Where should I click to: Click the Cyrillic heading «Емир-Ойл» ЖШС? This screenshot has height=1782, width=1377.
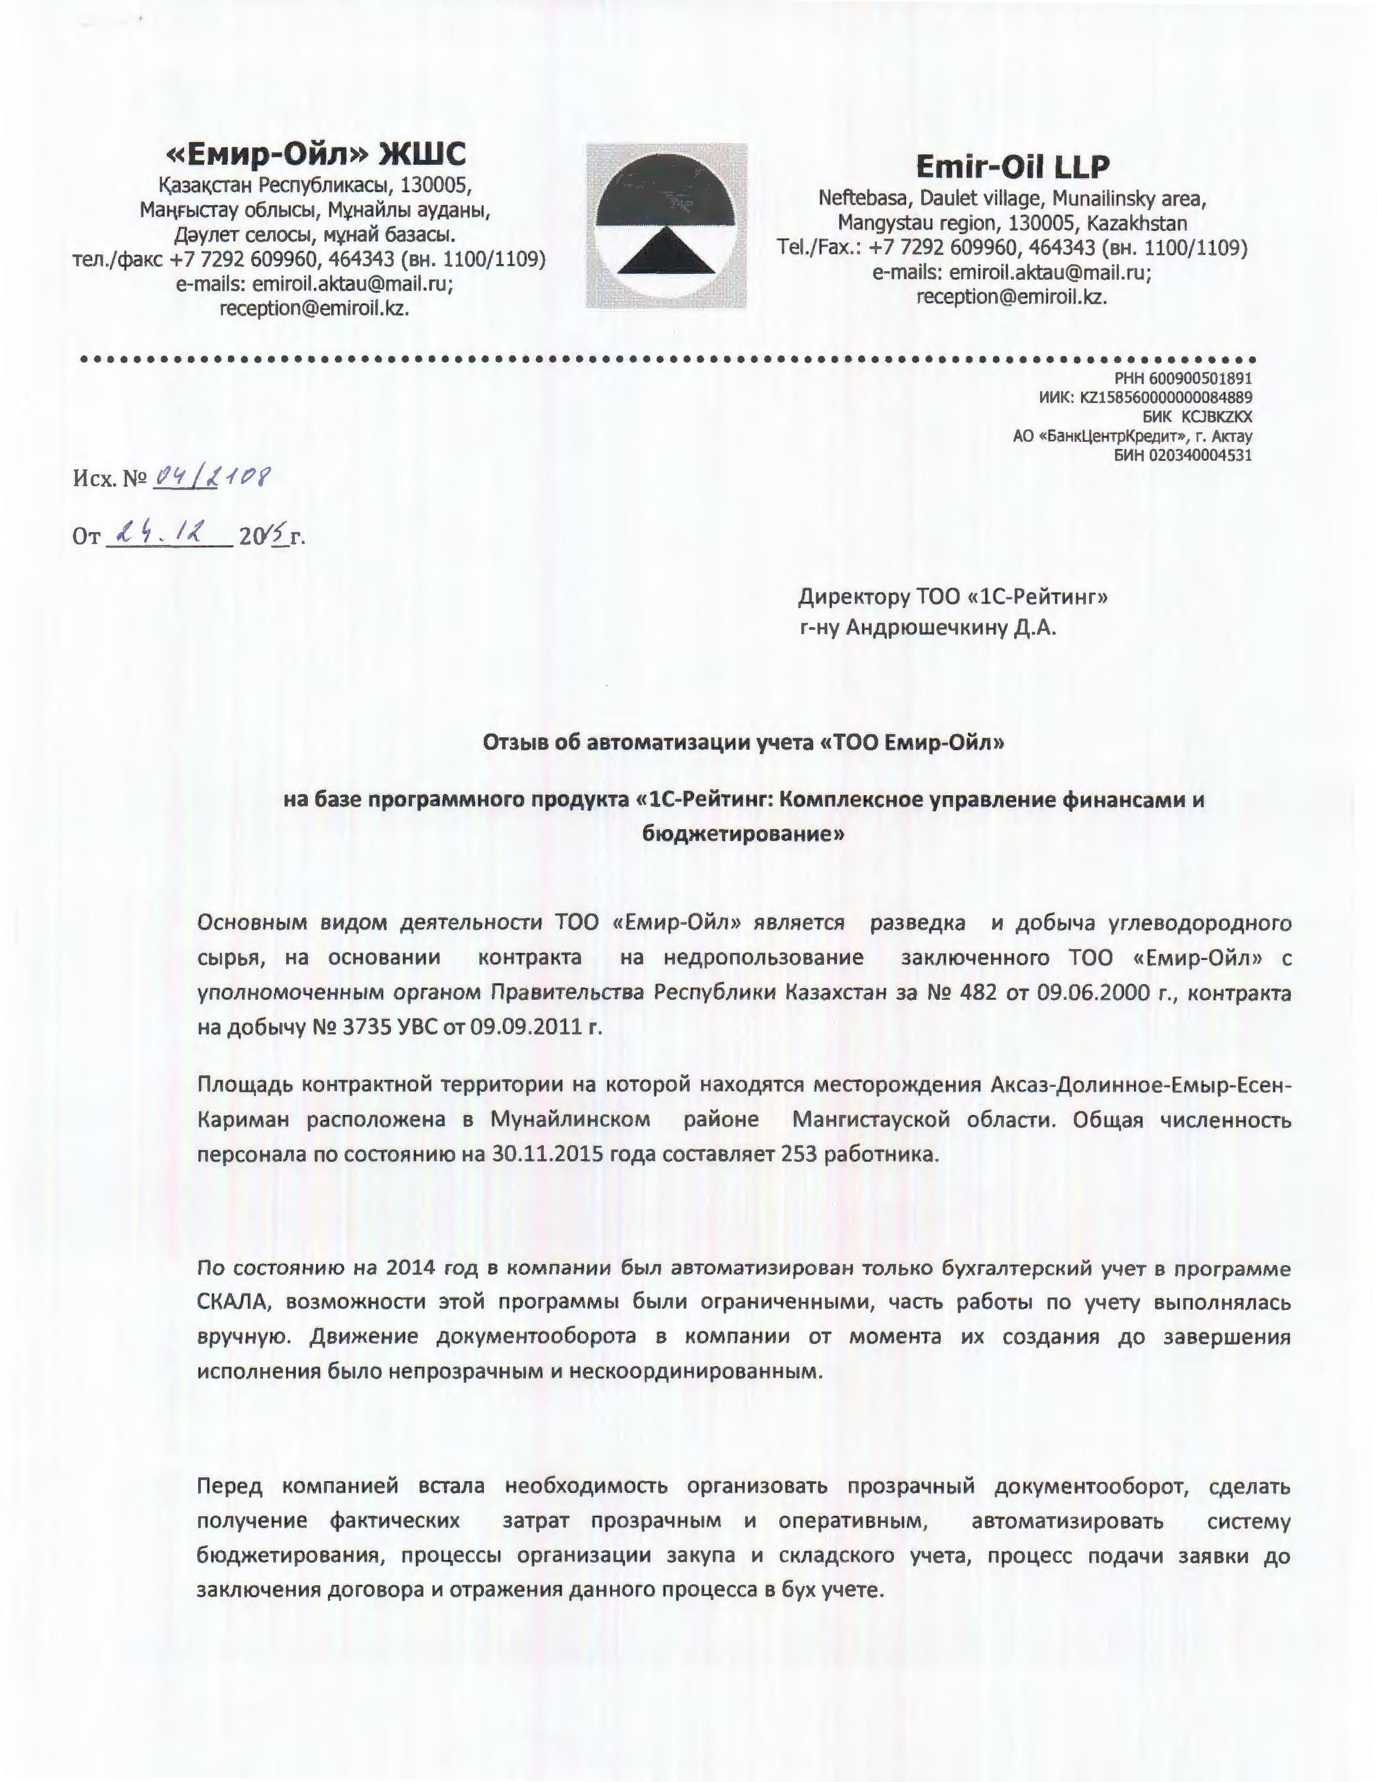316,153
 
